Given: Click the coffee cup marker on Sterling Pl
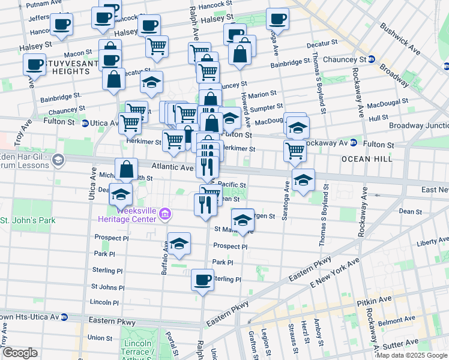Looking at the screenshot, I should (202, 280).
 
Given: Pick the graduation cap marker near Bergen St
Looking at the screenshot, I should (243, 221).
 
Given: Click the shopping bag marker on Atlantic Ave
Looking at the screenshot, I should (127, 170).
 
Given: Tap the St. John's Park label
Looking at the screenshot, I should (28, 220).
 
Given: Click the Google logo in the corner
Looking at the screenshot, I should (20, 352).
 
